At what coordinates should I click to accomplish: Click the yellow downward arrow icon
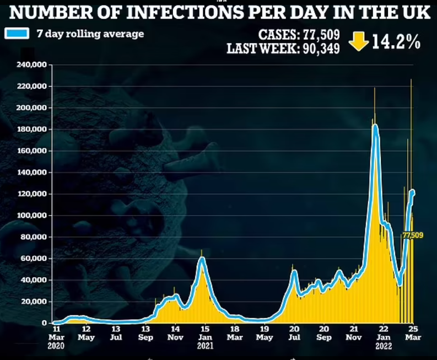pyautogui.click(x=359, y=41)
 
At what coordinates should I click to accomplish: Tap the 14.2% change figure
pyautogui.click(x=396, y=42)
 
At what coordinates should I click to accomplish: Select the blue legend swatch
pyautogui.click(x=17, y=33)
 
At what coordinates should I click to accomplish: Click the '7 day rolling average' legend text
pyautogui.click(x=90, y=34)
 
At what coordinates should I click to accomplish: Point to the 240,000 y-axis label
pyautogui.click(x=31, y=65)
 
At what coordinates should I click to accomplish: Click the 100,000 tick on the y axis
pyautogui.click(x=31, y=215)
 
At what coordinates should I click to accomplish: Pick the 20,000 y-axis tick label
pyautogui.click(x=33, y=302)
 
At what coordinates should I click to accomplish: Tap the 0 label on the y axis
pyautogui.click(x=44, y=323)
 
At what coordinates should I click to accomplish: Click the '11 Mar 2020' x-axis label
pyautogui.click(x=56, y=337)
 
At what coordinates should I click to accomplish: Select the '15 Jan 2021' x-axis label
pyautogui.click(x=205, y=337)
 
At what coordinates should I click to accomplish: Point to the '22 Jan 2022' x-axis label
pyautogui.click(x=384, y=337)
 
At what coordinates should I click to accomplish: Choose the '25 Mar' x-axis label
pyautogui.click(x=413, y=333)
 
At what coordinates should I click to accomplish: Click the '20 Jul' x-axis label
pyautogui.click(x=294, y=333)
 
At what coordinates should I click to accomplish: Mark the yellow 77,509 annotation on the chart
pyautogui.click(x=413, y=235)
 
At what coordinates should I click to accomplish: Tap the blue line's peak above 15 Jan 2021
pyautogui.click(x=202, y=258)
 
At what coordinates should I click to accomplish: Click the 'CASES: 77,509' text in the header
pyautogui.click(x=299, y=35)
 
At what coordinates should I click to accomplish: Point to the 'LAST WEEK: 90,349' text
pyautogui.click(x=283, y=49)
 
